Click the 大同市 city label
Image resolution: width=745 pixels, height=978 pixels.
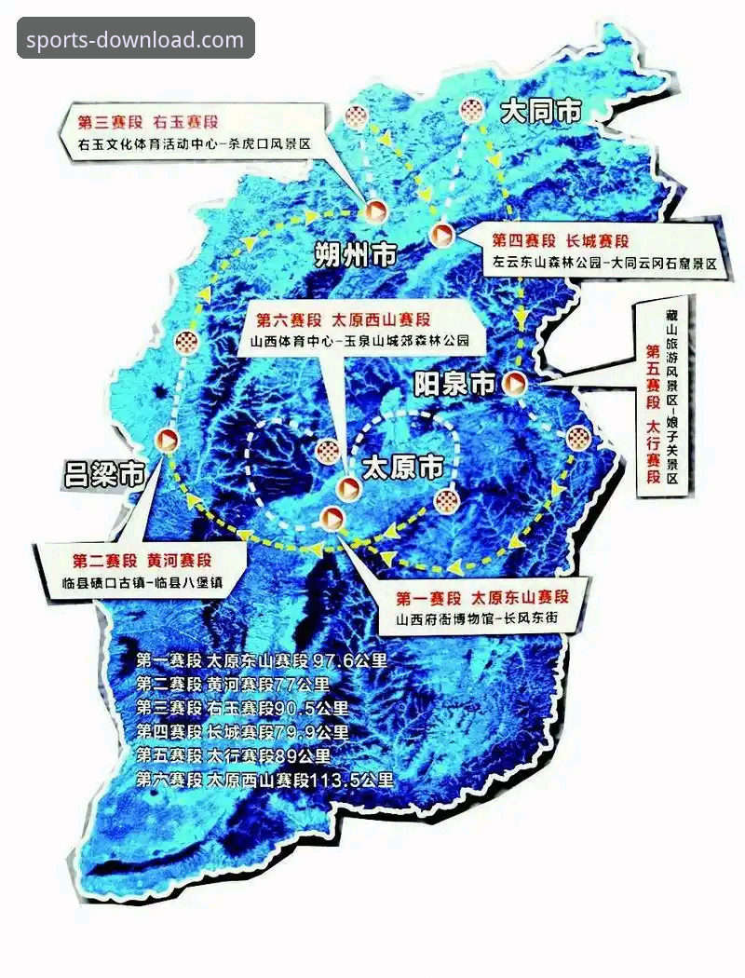[x=541, y=113]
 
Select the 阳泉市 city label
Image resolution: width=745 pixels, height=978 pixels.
[x=454, y=383]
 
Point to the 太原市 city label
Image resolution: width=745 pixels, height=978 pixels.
[x=402, y=466]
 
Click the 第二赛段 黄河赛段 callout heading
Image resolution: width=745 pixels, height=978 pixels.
[x=142, y=561]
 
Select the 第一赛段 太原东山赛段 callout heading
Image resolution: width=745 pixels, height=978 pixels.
[x=481, y=597]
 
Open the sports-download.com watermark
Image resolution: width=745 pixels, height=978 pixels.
[x=135, y=40]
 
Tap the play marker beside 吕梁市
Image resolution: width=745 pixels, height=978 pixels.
[x=169, y=439]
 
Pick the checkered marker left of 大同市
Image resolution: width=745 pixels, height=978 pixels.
[x=472, y=111]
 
